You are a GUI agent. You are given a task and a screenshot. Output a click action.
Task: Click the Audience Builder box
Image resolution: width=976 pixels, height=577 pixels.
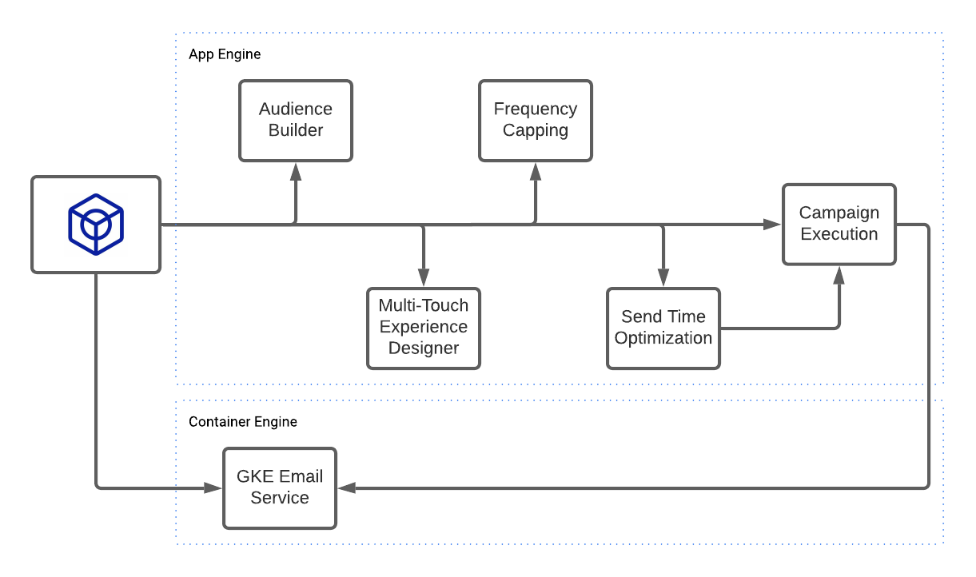click(296, 121)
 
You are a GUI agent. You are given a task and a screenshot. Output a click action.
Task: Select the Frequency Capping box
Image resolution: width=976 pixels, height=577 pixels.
click(536, 121)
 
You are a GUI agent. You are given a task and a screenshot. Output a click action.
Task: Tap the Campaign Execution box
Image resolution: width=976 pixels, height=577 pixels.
click(839, 224)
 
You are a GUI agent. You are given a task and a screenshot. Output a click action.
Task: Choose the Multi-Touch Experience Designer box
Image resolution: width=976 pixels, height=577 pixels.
click(424, 328)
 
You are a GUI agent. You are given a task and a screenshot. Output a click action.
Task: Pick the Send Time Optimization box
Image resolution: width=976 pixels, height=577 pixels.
click(663, 328)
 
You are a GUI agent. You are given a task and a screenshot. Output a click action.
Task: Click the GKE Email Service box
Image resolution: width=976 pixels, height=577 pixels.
click(280, 487)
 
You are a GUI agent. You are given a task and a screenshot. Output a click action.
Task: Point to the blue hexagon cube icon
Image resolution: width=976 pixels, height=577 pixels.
click(96, 225)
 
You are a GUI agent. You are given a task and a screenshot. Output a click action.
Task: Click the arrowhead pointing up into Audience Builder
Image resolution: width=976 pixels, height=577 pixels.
click(296, 170)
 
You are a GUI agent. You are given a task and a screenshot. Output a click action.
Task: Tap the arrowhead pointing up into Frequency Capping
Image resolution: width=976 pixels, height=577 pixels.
click(536, 170)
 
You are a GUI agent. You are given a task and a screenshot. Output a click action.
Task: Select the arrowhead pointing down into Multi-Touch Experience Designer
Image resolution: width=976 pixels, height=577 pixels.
click(424, 279)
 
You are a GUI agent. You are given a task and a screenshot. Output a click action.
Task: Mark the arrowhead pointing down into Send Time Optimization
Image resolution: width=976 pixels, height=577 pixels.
click(663, 279)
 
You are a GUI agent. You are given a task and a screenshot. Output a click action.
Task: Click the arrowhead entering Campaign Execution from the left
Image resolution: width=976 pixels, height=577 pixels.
click(772, 225)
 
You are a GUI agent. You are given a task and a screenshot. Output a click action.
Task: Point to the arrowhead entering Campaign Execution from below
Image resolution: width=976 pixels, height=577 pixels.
click(839, 275)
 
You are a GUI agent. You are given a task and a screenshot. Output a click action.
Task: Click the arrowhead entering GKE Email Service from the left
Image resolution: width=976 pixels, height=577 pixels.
click(213, 487)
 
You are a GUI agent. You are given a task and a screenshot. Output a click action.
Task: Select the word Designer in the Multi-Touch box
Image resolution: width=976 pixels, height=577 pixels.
click(424, 348)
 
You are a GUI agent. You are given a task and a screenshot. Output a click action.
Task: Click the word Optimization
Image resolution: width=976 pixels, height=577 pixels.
click(663, 338)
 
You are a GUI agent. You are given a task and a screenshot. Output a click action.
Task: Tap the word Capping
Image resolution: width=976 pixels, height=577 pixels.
click(536, 131)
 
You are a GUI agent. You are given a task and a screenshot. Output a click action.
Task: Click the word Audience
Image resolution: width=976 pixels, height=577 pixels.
click(296, 109)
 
